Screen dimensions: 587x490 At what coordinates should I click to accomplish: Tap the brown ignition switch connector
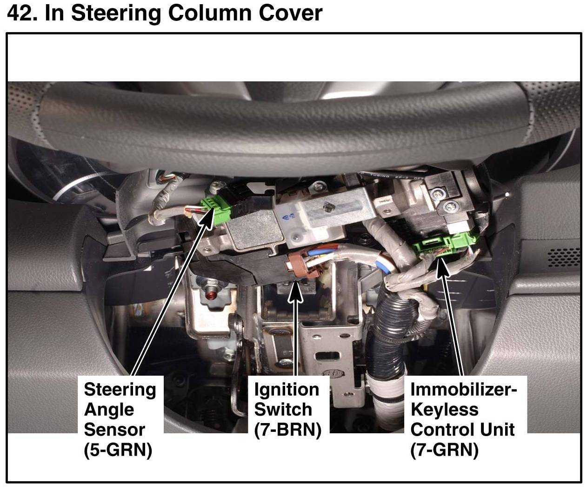[299, 264]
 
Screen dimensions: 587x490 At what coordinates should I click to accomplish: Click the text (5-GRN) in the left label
[118, 450]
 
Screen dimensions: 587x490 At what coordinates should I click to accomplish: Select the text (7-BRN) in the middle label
[287, 430]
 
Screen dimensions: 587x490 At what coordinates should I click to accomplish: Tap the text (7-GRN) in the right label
[444, 450]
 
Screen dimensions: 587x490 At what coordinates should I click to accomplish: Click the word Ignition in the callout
[287, 390]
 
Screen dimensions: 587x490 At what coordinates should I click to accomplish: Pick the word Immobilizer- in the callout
[463, 390]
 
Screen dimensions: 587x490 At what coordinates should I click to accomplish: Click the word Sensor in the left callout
[114, 430]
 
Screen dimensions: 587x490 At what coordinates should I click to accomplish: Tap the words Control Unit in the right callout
[462, 430]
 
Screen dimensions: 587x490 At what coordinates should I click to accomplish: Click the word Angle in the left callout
[109, 410]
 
